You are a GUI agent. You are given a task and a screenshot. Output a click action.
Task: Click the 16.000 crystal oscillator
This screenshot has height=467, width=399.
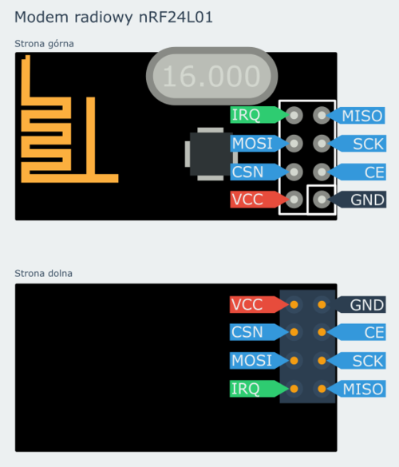coord(211,76)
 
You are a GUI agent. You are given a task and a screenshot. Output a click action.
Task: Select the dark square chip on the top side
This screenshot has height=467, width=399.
coord(211,154)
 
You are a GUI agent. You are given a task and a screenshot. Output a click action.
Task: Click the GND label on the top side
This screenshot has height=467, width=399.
coord(357,200)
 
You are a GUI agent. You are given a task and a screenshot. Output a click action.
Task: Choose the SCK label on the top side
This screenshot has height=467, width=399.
coord(357,144)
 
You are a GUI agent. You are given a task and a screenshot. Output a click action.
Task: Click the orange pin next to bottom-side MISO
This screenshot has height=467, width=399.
coord(322,389)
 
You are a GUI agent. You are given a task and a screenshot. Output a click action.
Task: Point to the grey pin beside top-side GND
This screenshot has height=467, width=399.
coord(322,200)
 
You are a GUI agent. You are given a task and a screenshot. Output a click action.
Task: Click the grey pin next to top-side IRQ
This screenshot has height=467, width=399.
coord(294,115)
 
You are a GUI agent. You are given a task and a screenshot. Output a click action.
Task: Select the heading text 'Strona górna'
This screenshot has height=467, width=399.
coord(44,44)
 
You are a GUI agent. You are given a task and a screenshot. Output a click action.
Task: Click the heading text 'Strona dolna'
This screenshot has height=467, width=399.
coord(43,273)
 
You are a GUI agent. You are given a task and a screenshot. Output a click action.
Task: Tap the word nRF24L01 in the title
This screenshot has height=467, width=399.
coord(176,17)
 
